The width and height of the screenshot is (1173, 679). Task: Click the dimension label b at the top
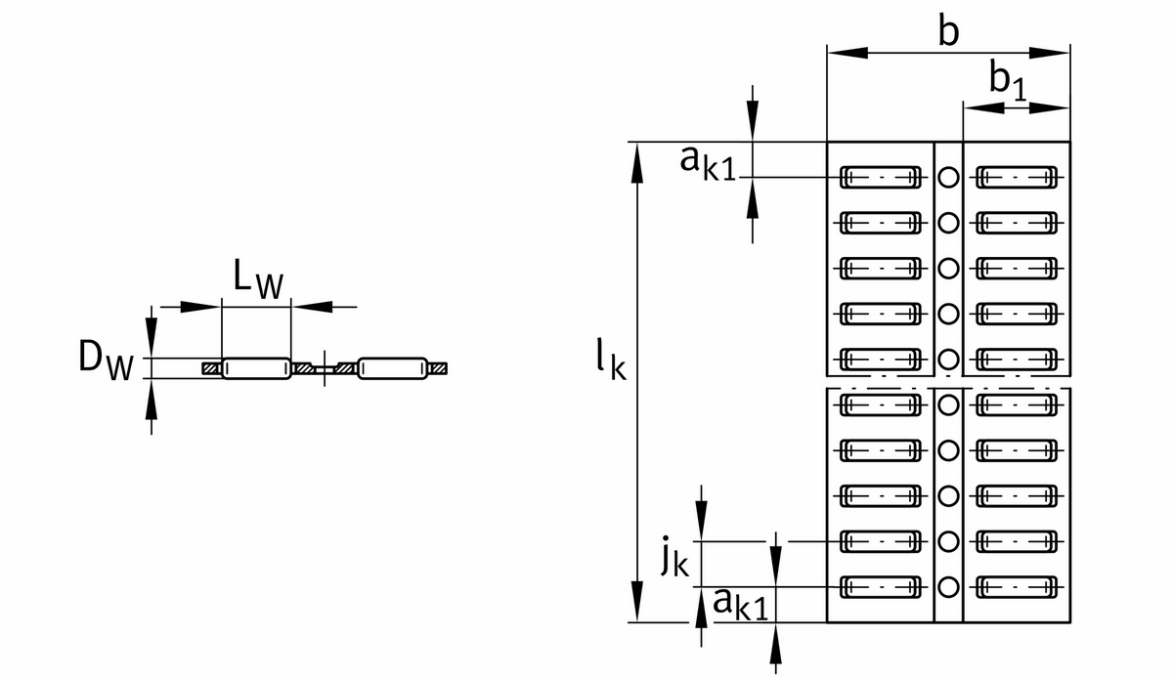coord(946,31)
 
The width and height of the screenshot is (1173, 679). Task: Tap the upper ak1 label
coord(709,162)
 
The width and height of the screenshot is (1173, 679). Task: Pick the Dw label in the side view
coord(106,362)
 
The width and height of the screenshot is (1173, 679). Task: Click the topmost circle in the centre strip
coord(947,177)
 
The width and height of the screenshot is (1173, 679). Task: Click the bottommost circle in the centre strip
coord(947,587)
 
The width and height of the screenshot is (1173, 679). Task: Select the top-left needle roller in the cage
coord(881,177)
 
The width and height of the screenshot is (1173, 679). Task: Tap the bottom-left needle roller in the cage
coord(881,587)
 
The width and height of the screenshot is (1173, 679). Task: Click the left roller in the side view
coord(257,368)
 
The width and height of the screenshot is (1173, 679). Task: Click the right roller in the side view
coord(393,368)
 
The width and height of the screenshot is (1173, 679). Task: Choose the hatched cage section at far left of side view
coord(211,368)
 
